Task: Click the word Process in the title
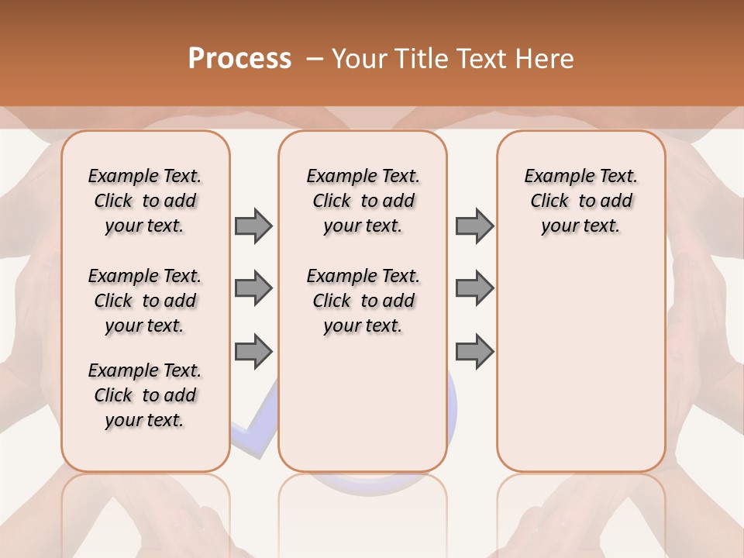pos(239,59)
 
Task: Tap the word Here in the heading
pos(545,59)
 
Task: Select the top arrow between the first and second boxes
pos(253,226)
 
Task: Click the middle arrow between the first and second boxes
pos(253,288)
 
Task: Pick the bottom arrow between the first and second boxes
pos(253,351)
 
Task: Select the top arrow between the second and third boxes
pos(474,226)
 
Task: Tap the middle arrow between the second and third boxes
pos(474,288)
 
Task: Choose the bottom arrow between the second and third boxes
pos(474,351)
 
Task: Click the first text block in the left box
pos(145,201)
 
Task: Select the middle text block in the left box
pos(145,301)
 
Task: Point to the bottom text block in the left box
pos(145,395)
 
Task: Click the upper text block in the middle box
pos(363,201)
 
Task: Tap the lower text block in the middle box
pos(363,301)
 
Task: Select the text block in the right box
pos(580,201)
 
